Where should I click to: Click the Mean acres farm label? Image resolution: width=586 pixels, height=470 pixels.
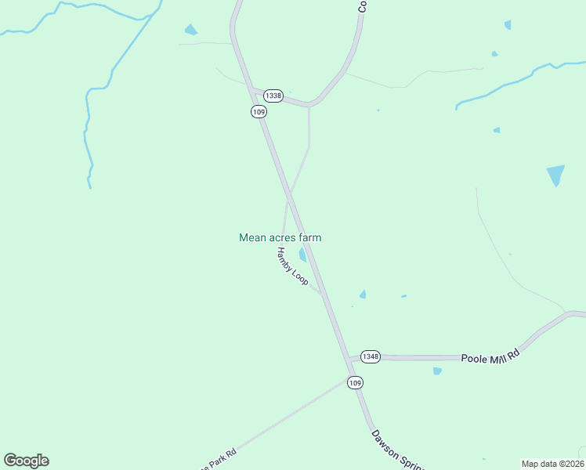(x=280, y=237)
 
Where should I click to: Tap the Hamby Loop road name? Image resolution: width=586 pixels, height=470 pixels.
(x=292, y=266)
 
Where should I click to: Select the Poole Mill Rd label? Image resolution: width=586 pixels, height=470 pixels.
(x=490, y=355)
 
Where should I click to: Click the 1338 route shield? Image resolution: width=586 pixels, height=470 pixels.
(x=273, y=96)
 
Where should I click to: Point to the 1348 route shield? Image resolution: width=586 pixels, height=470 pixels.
(x=371, y=356)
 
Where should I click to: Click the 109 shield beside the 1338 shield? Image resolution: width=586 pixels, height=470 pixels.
(x=259, y=112)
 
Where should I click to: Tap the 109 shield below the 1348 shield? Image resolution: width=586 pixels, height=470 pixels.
(x=355, y=382)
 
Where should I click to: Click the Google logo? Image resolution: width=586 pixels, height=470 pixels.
(x=26, y=461)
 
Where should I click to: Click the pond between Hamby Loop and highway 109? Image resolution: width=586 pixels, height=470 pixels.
(x=302, y=255)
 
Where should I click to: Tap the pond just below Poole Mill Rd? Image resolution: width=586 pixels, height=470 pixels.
(x=437, y=371)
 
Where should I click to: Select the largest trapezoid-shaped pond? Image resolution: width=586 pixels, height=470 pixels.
(x=555, y=175)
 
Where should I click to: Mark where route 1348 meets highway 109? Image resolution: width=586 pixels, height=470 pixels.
(x=349, y=359)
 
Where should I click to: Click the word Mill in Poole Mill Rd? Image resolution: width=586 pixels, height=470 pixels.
(x=497, y=355)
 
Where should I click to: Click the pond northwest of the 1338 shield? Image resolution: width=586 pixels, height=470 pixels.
(x=190, y=31)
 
